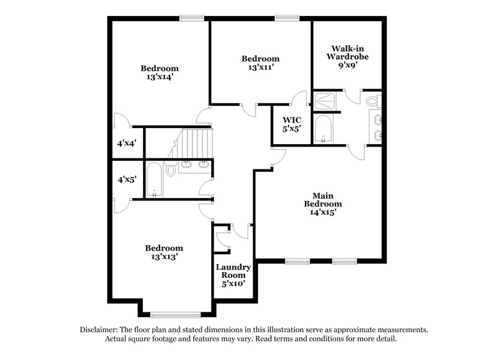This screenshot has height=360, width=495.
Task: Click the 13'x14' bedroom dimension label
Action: pyautogui.click(x=159, y=77)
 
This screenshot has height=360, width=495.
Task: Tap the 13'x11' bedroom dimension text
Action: pyautogui.click(x=260, y=67)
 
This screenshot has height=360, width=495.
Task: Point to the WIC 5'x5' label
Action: pyautogui.click(x=292, y=124)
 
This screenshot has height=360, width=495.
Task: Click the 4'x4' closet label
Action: pyautogui.click(x=126, y=142)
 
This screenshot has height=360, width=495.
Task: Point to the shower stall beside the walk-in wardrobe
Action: pyautogui.click(x=325, y=101)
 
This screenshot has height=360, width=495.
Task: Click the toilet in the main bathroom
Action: pyautogui.click(x=372, y=101)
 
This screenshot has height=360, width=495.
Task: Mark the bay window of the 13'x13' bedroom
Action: pyautogui.click(x=175, y=314)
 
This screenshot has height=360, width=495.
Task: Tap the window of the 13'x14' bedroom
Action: pyautogui.click(x=192, y=19)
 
